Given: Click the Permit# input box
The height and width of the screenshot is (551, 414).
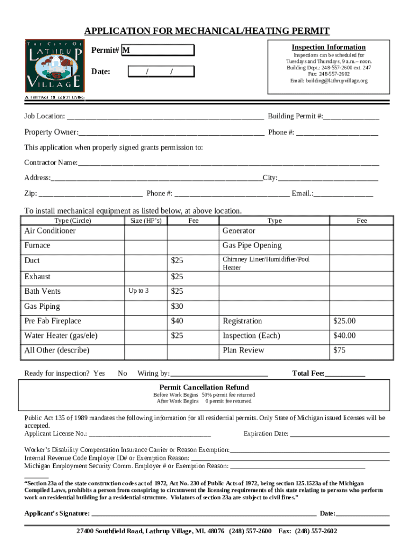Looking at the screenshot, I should (x=158, y=51).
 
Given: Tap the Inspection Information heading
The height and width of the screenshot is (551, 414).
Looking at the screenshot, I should (x=329, y=47).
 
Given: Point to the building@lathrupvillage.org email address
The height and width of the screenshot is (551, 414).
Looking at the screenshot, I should (x=329, y=81).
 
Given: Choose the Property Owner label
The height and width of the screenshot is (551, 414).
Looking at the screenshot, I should (x=51, y=132).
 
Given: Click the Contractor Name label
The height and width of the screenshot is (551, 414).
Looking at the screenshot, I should (x=51, y=163).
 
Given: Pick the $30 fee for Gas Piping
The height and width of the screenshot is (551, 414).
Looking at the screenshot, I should (x=177, y=306).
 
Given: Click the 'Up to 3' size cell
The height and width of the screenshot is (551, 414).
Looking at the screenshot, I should (x=139, y=291).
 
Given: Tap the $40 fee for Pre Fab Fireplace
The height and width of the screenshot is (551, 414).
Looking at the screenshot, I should (x=177, y=321).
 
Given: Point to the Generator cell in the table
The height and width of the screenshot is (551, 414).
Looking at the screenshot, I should (x=239, y=231).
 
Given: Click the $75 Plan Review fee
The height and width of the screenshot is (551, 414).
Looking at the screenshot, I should (x=339, y=350).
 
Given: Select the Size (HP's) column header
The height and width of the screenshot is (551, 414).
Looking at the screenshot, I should (x=146, y=221).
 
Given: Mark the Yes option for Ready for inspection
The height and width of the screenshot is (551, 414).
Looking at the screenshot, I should (x=99, y=373).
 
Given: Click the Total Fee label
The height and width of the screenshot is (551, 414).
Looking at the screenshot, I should (x=308, y=373).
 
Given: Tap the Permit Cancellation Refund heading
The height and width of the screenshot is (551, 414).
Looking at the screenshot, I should (x=204, y=387).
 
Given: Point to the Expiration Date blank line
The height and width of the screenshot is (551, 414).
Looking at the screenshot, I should (x=340, y=434).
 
